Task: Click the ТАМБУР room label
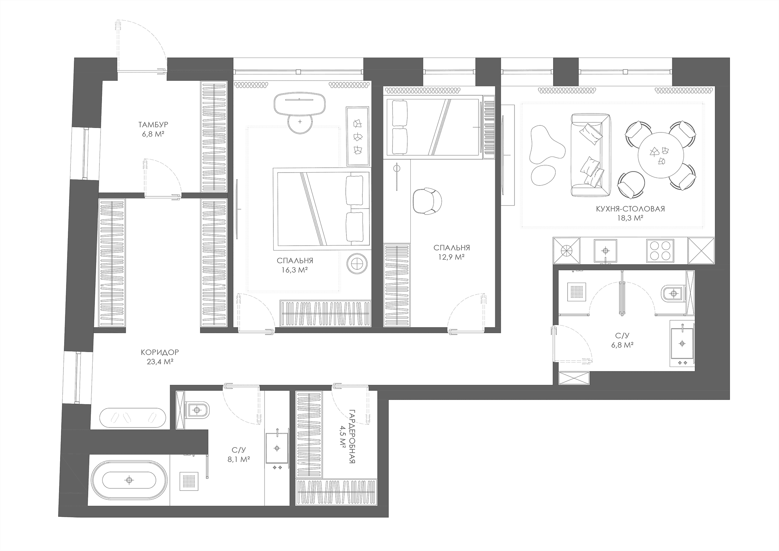pyautogui.click(x=153, y=125)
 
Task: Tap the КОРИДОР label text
pyautogui.click(x=160, y=352)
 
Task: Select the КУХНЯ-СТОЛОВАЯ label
pyautogui.click(x=630, y=209)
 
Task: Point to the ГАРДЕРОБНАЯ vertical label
pyautogui.click(x=352, y=436)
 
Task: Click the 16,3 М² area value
pyautogui.click(x=295, y=270)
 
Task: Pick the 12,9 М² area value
pyautogui.click(x=451, y=257)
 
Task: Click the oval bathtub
pyautogui.click(x=129, y=480)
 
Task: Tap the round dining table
pyautogui.click(x=661, y=155)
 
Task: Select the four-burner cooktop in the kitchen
pyautogui.click(x=660, y=251)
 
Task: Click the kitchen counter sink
pyautogui.click(x=605, y=251)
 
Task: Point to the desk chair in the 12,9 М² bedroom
pyautogui.click(x=427, y=201)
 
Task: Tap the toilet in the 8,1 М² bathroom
pyautogui.click(x=199, y=410)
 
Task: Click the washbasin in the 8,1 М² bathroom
pyautogui.click(x=277, y=448)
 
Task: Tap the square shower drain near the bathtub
pyautogui.click(x=189, y=481)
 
